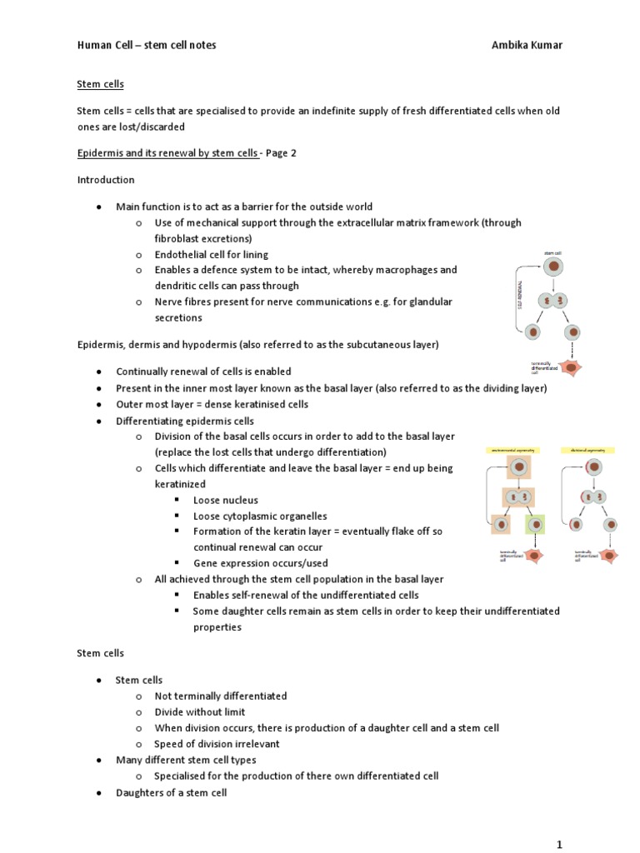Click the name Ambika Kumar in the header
[x=527, y=45]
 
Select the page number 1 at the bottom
[x=560, y=844]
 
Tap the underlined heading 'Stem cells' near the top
[x=100, y=84]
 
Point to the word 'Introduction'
[x=106, y=180]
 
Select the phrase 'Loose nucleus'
[x=225, y=500]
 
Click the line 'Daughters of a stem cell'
[x=171, y=792]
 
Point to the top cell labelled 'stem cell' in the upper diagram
[x=554, y=267]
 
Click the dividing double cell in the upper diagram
[x=554, y=300]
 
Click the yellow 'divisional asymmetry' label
[x=588, y=450]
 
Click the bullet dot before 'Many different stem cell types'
[x=99, y=761]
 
